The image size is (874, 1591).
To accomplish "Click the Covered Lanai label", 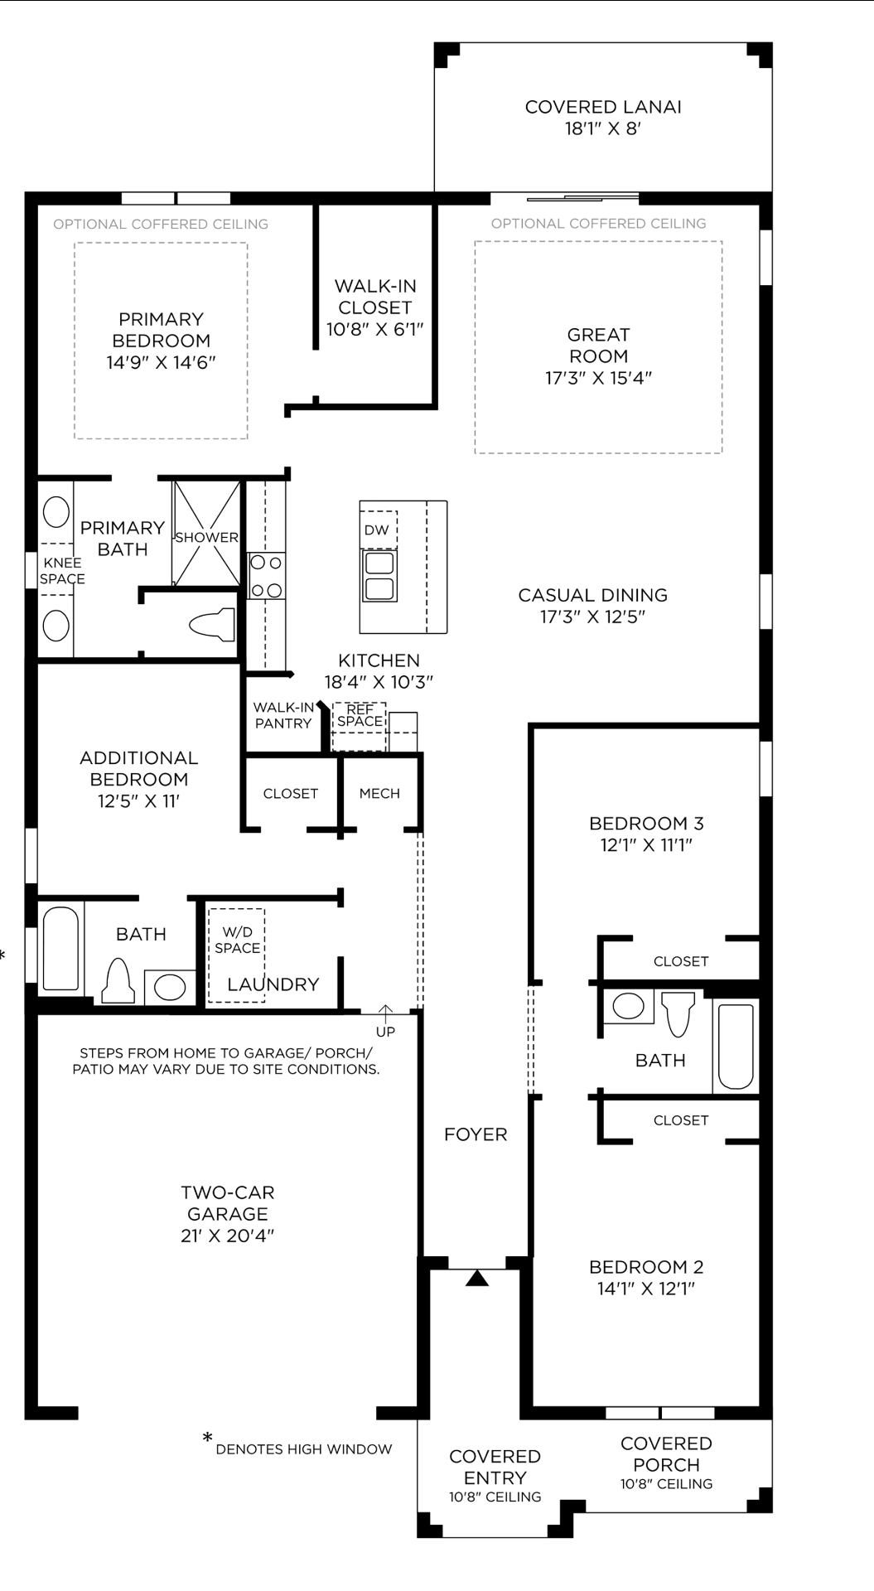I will coord(603,107).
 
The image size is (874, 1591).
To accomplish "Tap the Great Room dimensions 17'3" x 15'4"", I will coord(598,378).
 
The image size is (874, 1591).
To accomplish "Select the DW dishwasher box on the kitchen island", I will coord(377,530).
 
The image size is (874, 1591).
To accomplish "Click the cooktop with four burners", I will coord(267,576).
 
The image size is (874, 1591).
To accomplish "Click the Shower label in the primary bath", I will coord(206,537).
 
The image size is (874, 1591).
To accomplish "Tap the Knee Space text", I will coord(62,571).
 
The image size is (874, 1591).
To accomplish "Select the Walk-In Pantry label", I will coord(283,715).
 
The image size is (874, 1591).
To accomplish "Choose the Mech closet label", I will coord(379,793).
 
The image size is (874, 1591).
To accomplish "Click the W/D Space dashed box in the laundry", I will coord(237,953).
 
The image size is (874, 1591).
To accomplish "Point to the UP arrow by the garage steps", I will coord(385,1013).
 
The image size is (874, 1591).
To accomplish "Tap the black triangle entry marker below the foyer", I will coord(476,1279).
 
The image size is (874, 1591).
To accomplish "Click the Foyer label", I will coord(476,1134).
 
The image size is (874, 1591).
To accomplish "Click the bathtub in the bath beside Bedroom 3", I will coord(736,1046).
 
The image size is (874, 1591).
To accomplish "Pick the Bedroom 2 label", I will coord(646,1267).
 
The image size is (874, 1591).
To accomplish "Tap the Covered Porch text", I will coord(666,1453).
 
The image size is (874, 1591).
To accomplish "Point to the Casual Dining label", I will coord(592,595).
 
